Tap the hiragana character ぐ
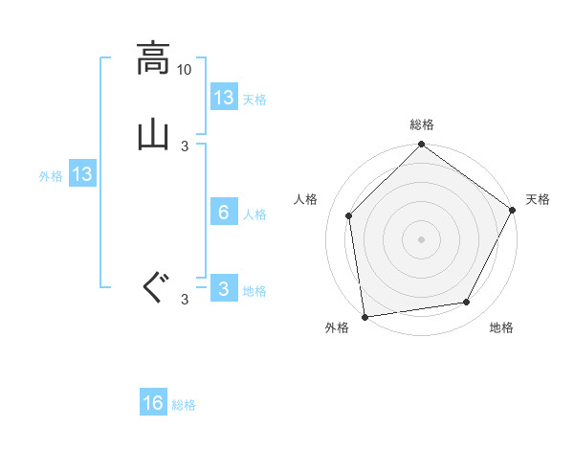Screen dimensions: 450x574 click(x=152, y=286)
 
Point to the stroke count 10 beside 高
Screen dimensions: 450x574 click(x=185, y=70)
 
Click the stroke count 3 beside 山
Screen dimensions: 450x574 click(x=185, y=146)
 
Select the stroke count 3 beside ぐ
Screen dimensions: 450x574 click(x=185, y=300)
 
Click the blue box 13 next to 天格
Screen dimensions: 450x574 click(x=224, y=98)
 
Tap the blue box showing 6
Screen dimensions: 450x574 click(x=224, y=213)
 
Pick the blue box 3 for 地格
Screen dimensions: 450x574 click(x=224, y=289)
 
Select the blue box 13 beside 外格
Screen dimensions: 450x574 click(x=82, y=174)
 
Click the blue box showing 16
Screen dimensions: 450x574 click(x=153, y=403)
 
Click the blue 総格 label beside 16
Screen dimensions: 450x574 click(x=184, y=405)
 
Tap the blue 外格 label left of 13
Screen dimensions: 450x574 click(x=51, y=176)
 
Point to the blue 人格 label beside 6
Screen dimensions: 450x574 click(x=255, y=214)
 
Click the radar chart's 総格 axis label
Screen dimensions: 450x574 click(x=422, y=124)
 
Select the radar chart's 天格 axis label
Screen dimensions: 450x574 click(x=538, y=199)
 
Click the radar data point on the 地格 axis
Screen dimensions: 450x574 click(x=467, y=303)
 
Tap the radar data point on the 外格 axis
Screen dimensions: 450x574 click(x=364, y=316)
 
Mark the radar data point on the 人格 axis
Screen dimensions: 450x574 click(x=349, y=215)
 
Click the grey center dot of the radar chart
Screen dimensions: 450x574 click(x=422, y=238)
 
